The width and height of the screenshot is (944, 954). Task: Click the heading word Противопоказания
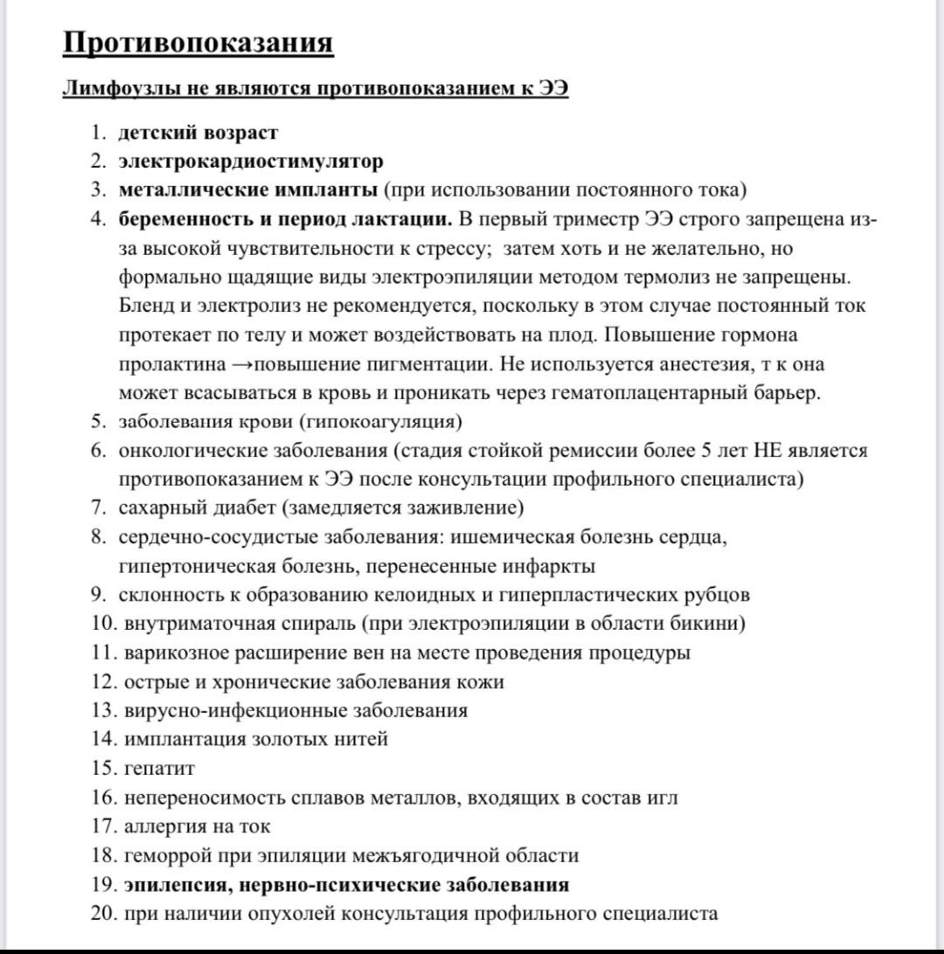click(198, 43)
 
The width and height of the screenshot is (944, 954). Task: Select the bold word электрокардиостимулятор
click(251, 162)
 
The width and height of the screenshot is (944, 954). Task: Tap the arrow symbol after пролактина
click(246, 363)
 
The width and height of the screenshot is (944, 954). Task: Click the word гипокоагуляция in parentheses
click(381, 421)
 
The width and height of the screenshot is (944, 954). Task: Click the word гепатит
click(159, 769)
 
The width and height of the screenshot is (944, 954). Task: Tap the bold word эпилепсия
click(175, 884)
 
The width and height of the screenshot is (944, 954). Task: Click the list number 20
click(102, 913)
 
